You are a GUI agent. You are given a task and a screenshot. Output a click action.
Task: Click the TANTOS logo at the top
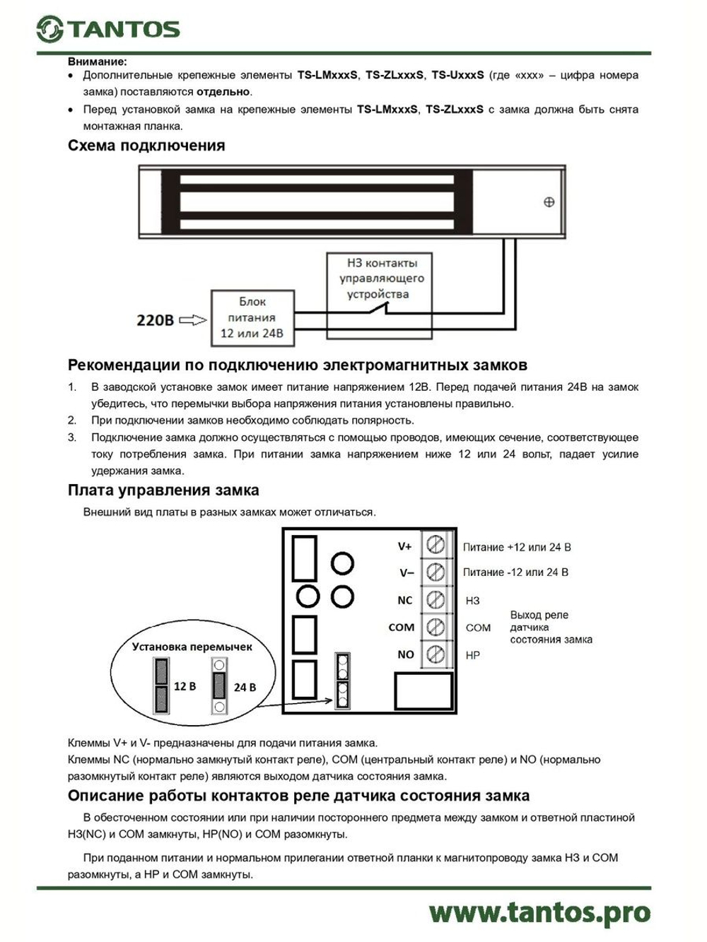(x=108, y=28)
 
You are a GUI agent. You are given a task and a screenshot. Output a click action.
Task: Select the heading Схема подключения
(x=146, y=146)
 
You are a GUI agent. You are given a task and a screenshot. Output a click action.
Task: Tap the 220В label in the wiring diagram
(x=155, y=320)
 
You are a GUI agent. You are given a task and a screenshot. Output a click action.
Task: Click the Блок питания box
(x=252, y=317)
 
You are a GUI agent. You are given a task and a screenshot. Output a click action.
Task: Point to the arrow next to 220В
(x=192, y=320)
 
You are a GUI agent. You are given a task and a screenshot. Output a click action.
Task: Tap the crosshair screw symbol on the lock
(x=549, y=202)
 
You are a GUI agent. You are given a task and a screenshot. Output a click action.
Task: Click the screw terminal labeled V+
(x=436, y=545)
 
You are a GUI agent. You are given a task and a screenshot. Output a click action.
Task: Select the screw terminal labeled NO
(x=436, y=654)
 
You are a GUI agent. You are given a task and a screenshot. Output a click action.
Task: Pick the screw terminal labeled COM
(x=436, y=627)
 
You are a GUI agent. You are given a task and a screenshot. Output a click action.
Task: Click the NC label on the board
(x=404, y=600)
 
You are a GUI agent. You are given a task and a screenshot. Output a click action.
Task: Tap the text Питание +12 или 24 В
(x=517, y=547)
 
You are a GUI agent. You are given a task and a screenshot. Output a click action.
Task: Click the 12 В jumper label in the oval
(x=185, y=685)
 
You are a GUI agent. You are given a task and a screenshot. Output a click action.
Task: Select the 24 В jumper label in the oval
(x=245, y=687)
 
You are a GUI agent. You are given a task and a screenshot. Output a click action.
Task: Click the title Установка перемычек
(x=192, y=646)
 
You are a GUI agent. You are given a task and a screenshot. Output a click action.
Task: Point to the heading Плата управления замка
(x=163, y=490)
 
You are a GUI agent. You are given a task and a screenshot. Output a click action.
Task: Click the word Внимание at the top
(x=98, y=61)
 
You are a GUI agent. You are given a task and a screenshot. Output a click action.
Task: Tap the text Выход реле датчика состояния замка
(x=551, y=627)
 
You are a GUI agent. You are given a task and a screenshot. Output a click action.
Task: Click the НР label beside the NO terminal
(x=472, y=655)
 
